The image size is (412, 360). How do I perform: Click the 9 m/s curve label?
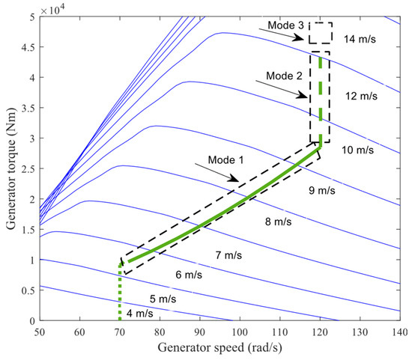[323, 191]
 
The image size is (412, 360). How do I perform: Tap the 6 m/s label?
[189, 275]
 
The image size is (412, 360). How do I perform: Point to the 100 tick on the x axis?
[239, 331]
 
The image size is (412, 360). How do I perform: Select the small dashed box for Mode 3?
[321, 33]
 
